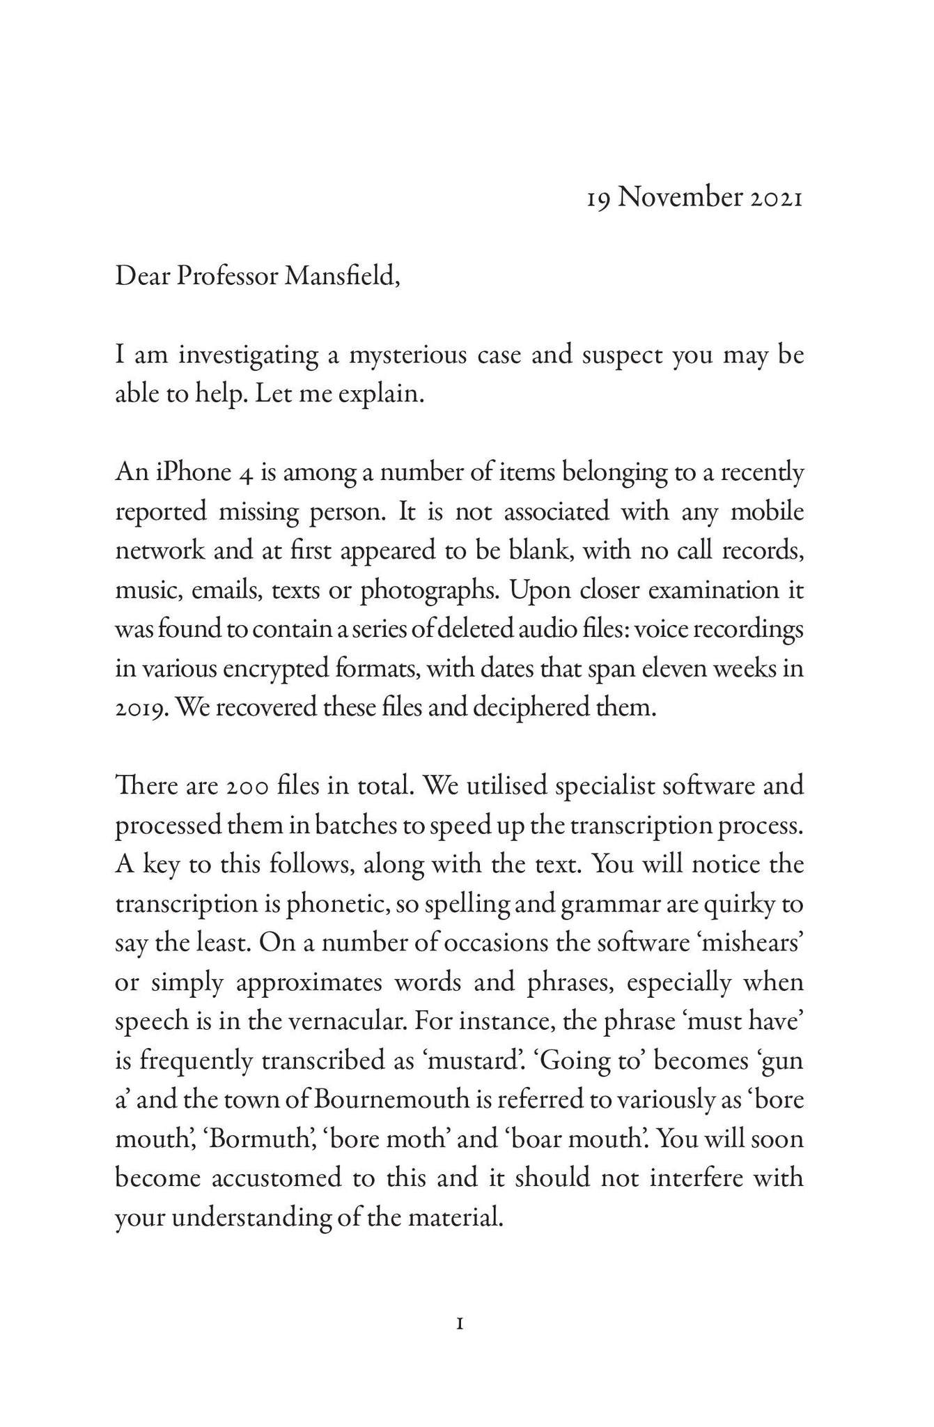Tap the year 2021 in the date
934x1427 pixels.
[x=777, y=199]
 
